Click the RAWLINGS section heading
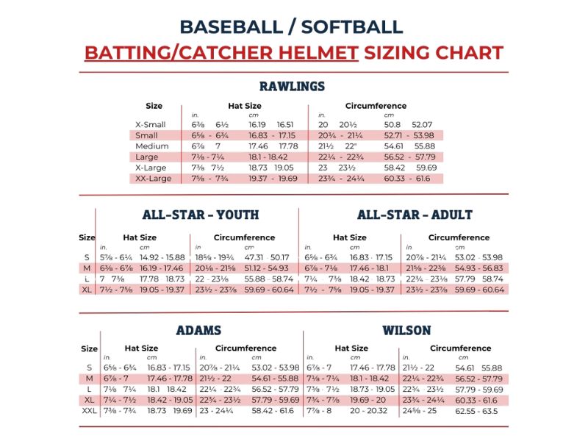coord(292,86)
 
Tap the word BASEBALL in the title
coord(232,27)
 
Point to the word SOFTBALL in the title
coord(352,27)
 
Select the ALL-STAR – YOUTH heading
coord(201,215)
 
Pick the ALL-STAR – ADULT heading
coord(415,215)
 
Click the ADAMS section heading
coord(198,330)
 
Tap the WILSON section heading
coord(406,330)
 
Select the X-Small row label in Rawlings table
coord(151,124)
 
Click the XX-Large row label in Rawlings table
coord(154,179)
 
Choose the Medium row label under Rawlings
coord(152,146)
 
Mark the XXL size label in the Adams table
coord(89,411)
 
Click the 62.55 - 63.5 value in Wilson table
coord(476,411)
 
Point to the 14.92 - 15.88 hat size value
coord(162,258)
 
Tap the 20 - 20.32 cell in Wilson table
coord(369,411)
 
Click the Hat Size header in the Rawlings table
coord(245,106)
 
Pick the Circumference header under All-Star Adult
coord(459,237)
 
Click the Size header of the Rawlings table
coord(154,106)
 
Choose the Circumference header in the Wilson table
coord(461,348)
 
